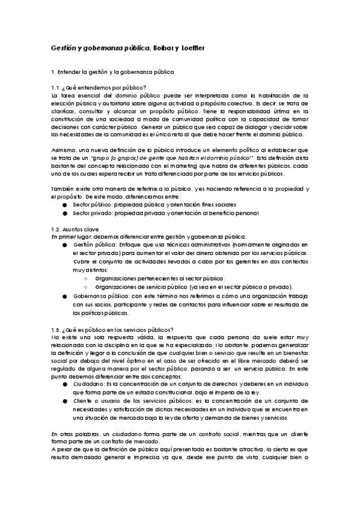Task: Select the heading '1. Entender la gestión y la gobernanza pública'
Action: coord(112,72)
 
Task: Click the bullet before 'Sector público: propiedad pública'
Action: coord(64,205)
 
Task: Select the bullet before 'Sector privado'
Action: coord(64,212)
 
